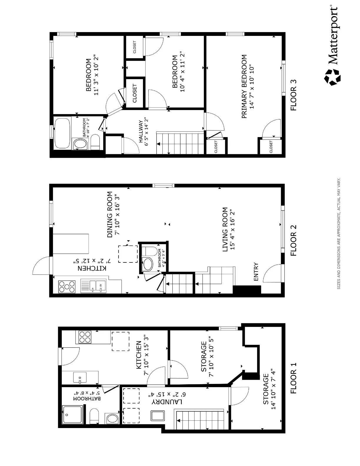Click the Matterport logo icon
tap(333, 77)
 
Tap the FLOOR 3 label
tap(294, 95)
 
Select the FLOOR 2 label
tap(294, 240)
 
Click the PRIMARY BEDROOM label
tap(244, 87)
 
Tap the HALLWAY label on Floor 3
tap(140, 132)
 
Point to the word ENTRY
tap(256, 271)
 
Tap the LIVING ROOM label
tap(225, 229)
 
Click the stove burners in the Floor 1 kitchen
tap(85, 337)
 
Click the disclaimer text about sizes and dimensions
tap(339, 233)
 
